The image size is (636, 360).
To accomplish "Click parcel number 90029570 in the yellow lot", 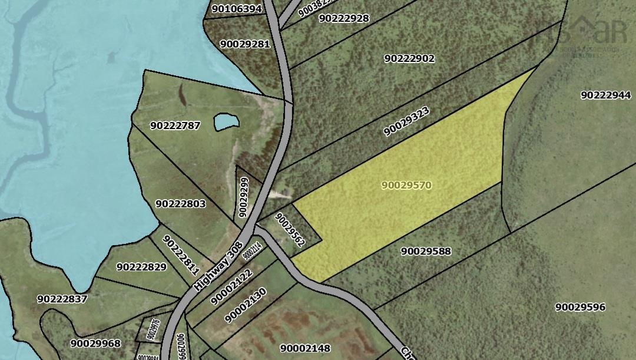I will tap(406, 185).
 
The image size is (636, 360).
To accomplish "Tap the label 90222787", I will tap(175, 125).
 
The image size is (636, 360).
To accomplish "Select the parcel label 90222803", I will tap(181, 204).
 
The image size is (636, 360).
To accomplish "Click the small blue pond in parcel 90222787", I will tap(227, 123).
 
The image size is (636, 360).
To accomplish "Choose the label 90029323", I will tap(406, 121).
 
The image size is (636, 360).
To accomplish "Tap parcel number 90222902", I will tap(409, 58).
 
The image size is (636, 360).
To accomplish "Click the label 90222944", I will tap(605, 95).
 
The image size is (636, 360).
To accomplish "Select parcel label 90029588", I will tap(426, 252).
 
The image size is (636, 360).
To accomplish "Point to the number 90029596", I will tap(580, 307).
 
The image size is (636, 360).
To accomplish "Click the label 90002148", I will tap(305, 348).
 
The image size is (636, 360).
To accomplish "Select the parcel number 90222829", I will tap(141, 267).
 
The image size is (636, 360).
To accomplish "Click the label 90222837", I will tap(62, 299).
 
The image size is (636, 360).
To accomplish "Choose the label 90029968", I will tap(95, 344).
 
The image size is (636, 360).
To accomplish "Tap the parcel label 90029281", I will tap(244, 44).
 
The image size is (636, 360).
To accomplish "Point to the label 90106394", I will tap(236, 9).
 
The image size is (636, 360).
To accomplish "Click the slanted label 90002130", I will tap(246, 305).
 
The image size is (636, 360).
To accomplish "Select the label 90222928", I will tap(344, 18).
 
